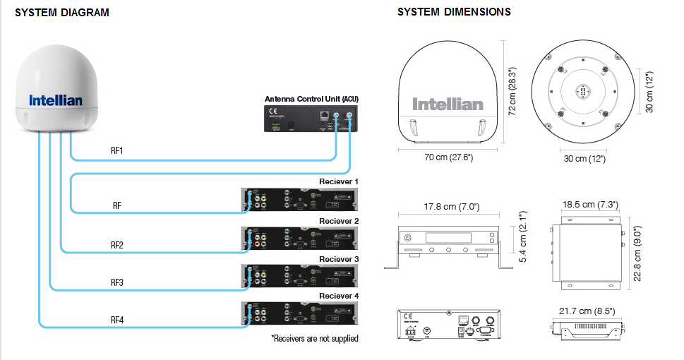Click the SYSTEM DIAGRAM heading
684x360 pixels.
point(62,13)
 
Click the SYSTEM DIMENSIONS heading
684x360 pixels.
point(454,12)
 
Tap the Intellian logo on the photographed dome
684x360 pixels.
point(56,101)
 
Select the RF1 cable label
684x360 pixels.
point(119,151)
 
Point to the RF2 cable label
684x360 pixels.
point(117,245)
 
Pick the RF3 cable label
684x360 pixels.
point(117,283)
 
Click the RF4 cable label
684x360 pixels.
point(117,320)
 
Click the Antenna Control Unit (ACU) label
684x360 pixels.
point(311,98)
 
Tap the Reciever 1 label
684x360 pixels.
point(339,181)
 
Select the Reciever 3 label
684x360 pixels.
point(339,259)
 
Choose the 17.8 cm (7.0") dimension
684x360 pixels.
point(452,207)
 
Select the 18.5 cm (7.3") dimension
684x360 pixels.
point(590,204)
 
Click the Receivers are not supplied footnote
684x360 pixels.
point(314,339)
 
